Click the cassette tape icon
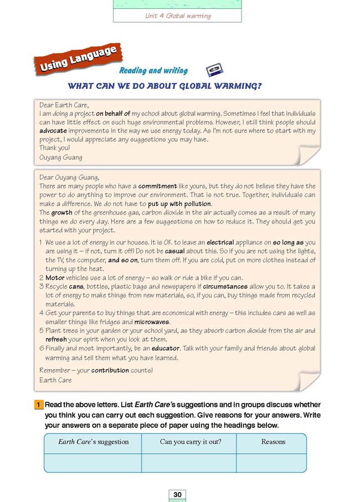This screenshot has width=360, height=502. point(214,70)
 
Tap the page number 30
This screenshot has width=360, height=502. point(177,494)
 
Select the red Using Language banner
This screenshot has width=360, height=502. point(78,60)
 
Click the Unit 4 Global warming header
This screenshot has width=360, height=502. point(177,16)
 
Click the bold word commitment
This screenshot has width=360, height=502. point(157,186)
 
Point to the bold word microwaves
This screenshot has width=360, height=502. point(152,322)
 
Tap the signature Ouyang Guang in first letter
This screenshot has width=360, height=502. point(61,157)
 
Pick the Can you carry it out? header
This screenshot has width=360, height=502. point(188,442)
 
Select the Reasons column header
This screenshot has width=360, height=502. point(273,442)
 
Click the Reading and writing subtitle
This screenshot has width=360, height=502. point(153,71)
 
